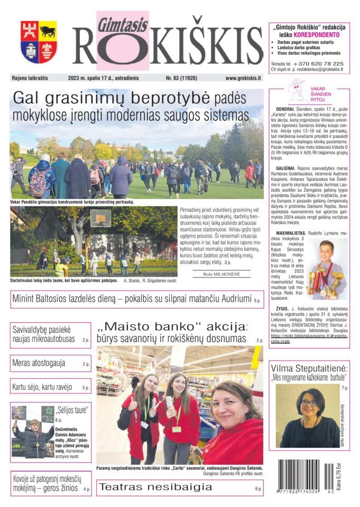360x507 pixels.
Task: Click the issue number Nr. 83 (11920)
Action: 181,78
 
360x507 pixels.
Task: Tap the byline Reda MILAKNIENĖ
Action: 221,274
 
